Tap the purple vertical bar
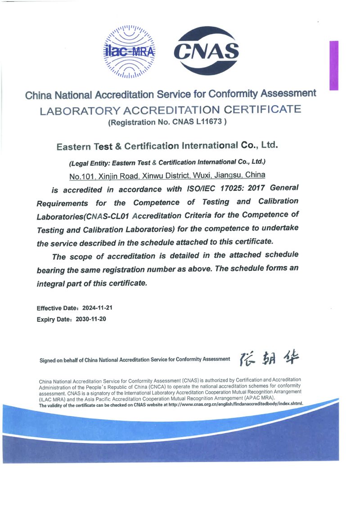coord(333,65)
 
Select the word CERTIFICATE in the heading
coord(260,109)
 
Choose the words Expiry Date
coord(51,320)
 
